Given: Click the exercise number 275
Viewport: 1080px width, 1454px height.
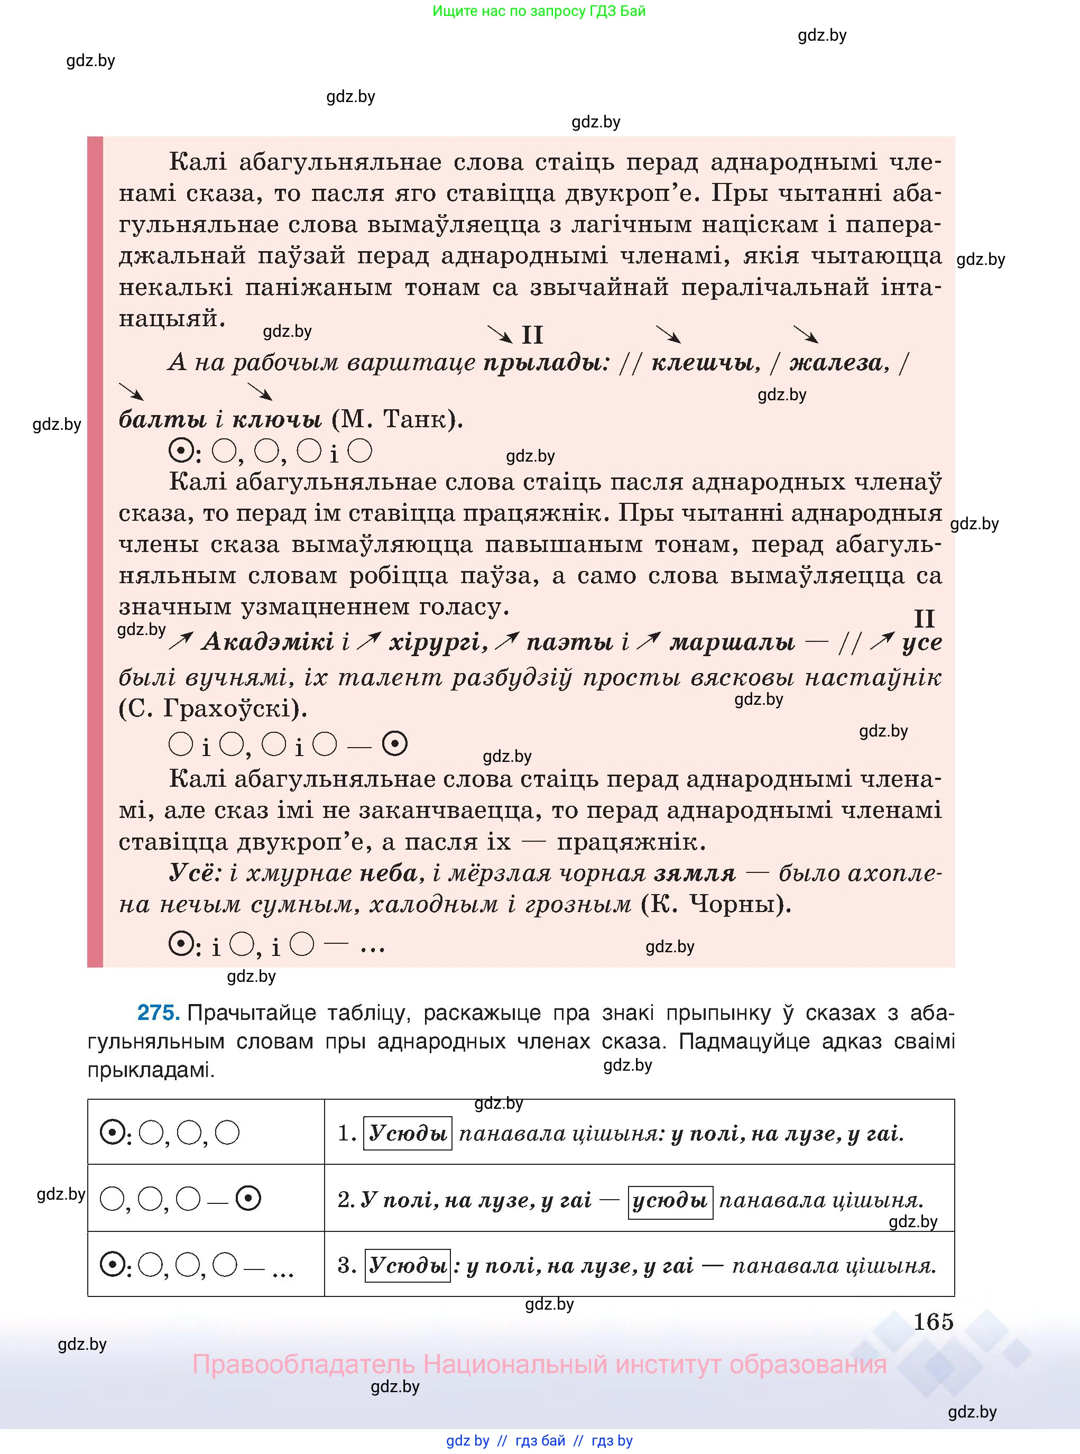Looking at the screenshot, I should (158, 1013).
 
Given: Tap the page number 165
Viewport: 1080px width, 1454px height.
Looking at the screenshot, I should (933, 1321).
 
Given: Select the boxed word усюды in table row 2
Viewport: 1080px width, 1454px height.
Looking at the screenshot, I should (670, 1200).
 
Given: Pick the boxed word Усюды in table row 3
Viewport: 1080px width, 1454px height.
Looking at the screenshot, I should (407, 1266).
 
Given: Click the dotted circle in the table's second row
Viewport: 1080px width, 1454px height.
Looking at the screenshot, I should (248, 1199).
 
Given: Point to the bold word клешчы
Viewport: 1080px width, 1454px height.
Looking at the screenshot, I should (705, 362).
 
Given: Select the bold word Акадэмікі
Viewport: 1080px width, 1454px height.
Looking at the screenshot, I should (268, 642).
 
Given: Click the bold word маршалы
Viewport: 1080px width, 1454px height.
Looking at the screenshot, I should (732, 642).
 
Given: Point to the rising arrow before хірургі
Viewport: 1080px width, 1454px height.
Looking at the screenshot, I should (370, 641).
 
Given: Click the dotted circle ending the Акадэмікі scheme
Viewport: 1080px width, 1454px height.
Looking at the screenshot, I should (394, 744).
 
